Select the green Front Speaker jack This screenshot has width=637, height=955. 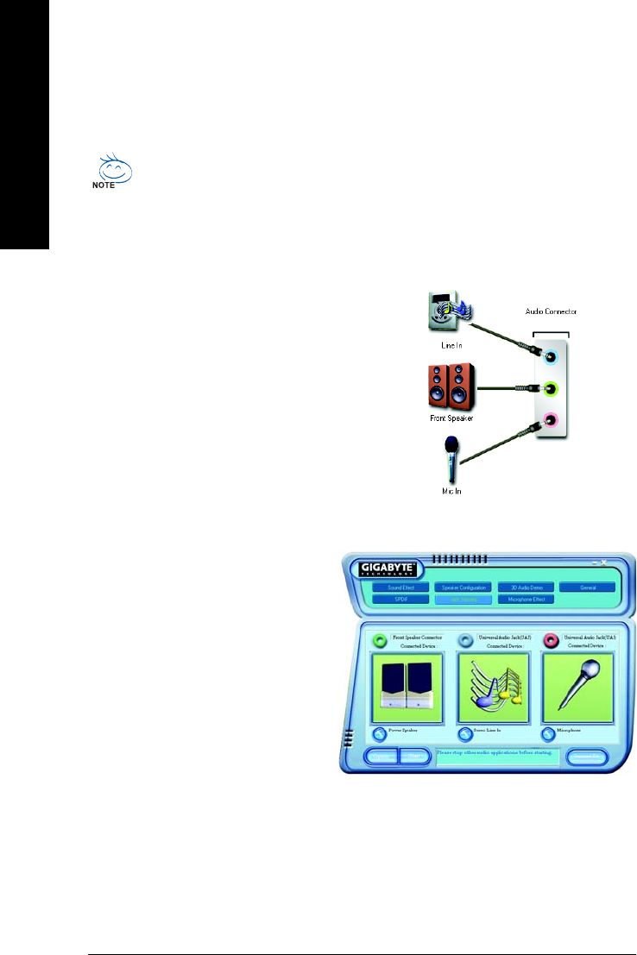tap(552, 389)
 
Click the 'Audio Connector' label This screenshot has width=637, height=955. tap(551, 311)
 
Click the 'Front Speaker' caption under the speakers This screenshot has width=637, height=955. tap(451, 418)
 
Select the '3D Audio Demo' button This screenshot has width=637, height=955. tap(526, 587)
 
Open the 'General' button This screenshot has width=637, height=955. tap(587, 587)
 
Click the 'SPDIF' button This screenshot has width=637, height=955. tap(400, 599)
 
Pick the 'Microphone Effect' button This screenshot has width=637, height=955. tap(526, 599)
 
